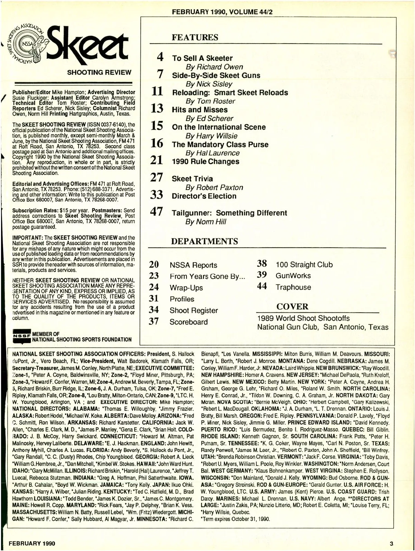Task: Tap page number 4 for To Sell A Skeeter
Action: point(160,57)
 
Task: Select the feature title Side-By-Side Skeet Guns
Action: point(216,75)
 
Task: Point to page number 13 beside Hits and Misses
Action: point(157,109)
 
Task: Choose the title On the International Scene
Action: point(219,127)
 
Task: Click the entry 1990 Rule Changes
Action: point(205,161)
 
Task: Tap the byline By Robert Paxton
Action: point(214,188)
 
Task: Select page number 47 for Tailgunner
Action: point(157,212)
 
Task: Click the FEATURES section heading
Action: point(195,37)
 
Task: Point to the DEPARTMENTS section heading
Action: point(205,241)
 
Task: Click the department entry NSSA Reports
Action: point(193,265)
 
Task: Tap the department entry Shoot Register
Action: point(194,311)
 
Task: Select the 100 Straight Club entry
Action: point(304,265)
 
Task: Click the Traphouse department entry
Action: point(293,287)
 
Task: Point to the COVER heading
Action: point(292,306)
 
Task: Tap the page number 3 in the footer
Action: point(391,543)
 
